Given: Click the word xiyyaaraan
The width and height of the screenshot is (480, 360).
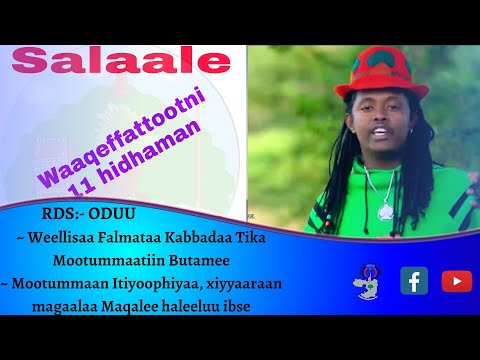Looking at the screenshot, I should (x=246, y=283).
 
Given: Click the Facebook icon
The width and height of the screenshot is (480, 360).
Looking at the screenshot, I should (x=414, y=281).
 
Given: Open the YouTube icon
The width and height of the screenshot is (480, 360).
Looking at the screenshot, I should (x=456, y=281).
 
